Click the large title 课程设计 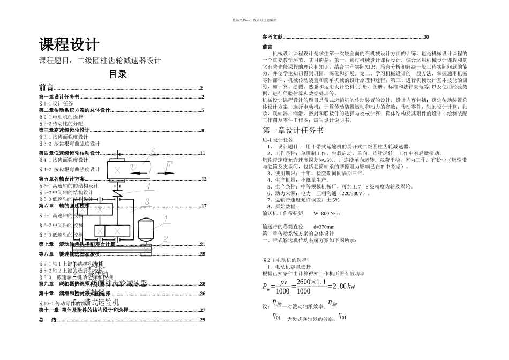[69, 44]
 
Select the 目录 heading [118, 74]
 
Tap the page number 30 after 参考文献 [426, 36]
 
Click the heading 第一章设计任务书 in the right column [293, 130]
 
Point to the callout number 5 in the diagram [153, 152]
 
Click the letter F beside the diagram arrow [168, 167]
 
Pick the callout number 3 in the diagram [146, 201]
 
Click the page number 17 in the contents [203, 206]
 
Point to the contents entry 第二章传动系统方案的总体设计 [74, 110]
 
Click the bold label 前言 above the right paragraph [267, 47]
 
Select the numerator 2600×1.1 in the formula [311, 281]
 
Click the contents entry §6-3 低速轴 [62, 235]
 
